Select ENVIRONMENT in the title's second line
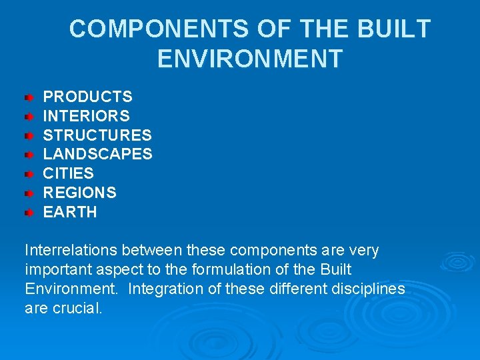click(x=250, y=59)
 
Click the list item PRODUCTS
click(x=88, y=97)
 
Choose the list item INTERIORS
click(x=87, y=116)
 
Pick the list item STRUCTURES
click(x=97, y=135)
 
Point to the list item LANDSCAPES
click(x=98, y=155)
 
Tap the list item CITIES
click(x=69, y=174)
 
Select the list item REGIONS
click(x=80, y=193)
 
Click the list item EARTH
click(x=70, y=213)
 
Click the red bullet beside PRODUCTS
click(x=29, y=97)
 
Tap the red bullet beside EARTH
click(x=29, y=213)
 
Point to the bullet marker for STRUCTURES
click(x=29, y=136)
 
